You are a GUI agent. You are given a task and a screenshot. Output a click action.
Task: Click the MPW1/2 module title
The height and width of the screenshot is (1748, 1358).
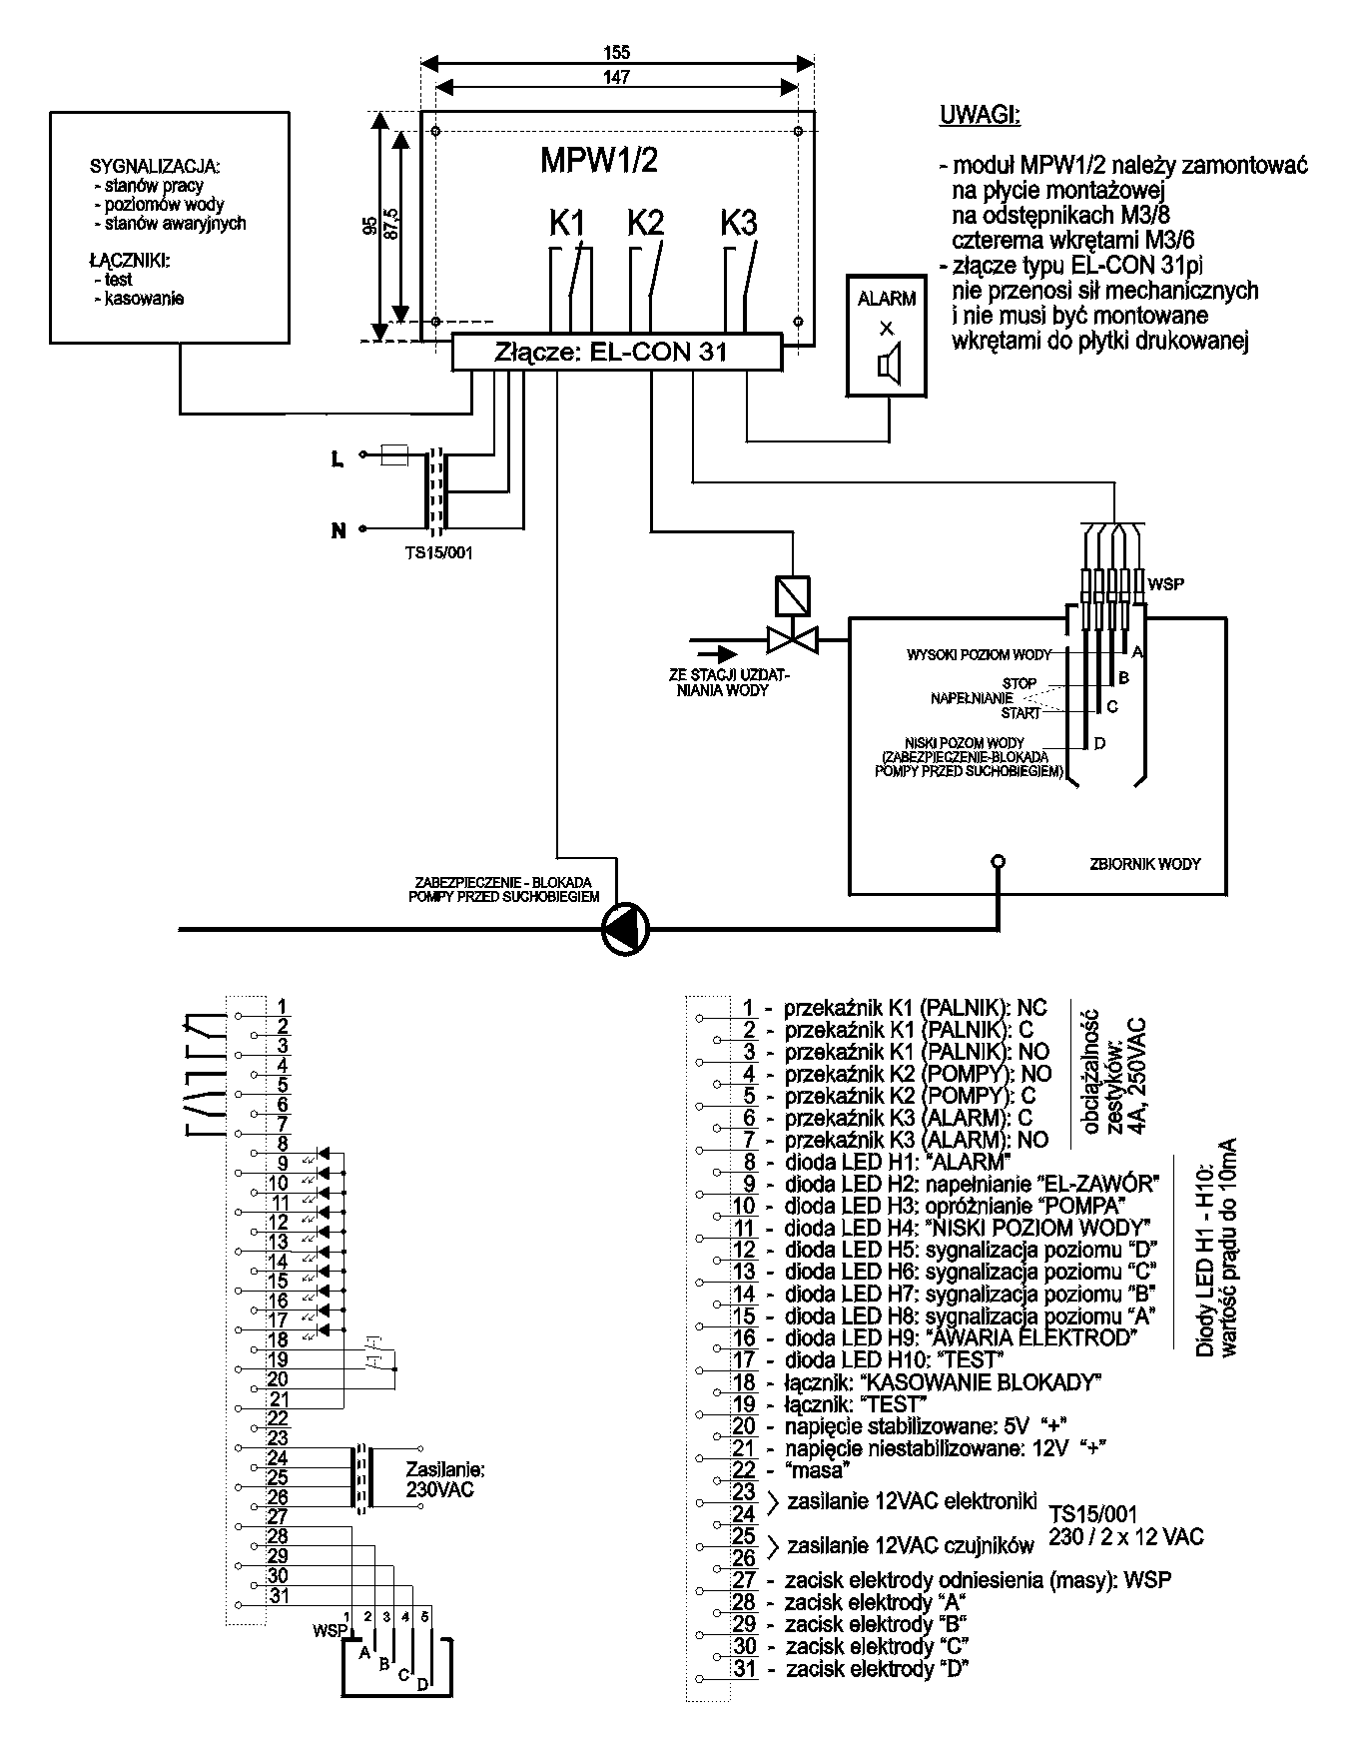[599, 161]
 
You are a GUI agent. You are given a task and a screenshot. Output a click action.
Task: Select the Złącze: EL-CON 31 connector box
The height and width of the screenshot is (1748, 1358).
[615, 353]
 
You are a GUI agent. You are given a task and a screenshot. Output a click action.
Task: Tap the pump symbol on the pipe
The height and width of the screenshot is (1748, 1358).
[626, 931]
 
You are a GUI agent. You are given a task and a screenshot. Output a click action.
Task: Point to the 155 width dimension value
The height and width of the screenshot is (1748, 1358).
[617, 53]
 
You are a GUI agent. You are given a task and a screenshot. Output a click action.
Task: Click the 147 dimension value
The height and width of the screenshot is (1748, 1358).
[617, 78]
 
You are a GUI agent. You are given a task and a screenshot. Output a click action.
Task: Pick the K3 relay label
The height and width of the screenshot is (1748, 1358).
[739, 223]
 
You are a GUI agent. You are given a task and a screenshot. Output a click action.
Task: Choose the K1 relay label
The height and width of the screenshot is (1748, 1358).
[567, 223]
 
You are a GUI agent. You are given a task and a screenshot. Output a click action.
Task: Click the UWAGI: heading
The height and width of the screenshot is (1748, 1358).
[981, 115]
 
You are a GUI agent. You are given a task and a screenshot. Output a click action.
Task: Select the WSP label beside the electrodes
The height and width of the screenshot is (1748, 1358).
[1166, 583]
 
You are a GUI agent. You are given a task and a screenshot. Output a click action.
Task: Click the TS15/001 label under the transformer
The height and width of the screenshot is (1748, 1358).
[433, 552]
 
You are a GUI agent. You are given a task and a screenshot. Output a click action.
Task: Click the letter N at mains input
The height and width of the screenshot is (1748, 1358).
[339, 530]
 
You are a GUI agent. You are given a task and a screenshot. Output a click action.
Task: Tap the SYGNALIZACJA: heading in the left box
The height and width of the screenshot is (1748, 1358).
[155, 166]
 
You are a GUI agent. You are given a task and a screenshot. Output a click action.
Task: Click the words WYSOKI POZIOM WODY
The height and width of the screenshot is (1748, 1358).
[979, 655]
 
